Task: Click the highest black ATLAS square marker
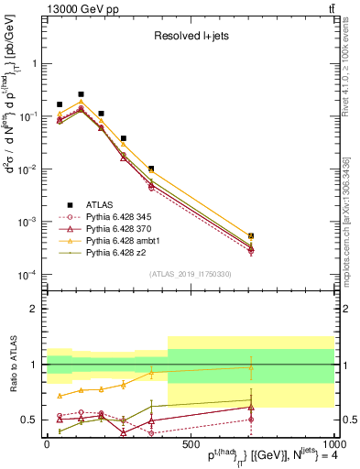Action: point(81,94)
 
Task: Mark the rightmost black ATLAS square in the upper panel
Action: point(251,236)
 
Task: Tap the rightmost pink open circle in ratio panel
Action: point(251,420)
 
